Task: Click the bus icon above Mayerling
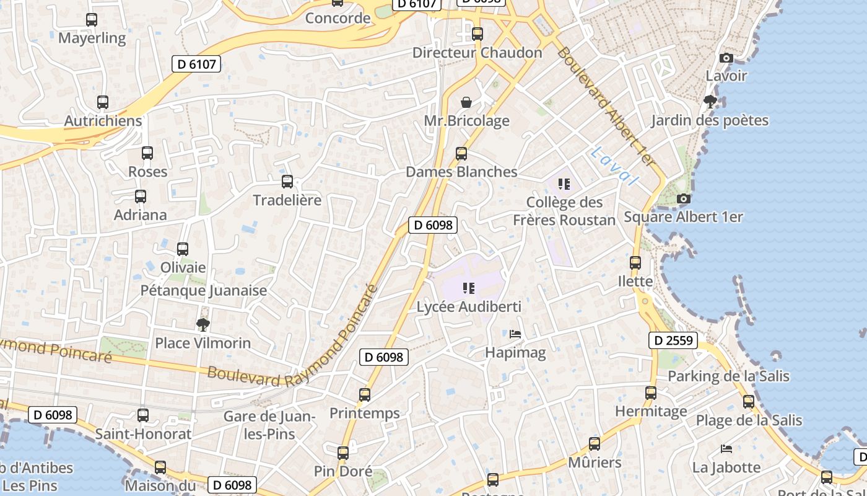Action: click(x=92, y=20)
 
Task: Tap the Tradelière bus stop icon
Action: click(x=287, y=182)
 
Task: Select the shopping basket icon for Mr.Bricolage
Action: click(x=466, y=102)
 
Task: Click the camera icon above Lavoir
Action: click(x=726, y=58)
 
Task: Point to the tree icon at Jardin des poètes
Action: click(x=710, y=101)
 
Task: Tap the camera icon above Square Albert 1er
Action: click(x=684, y=199)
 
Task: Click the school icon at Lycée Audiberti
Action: click(x=469, y=288)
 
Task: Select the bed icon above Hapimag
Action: click(x=515, y=334)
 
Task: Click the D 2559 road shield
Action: click(x=674, y=340)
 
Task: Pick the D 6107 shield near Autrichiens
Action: click(x=196, y=64)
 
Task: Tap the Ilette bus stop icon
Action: click(x=635, y=263)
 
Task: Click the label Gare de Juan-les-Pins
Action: click(x=270, y=425)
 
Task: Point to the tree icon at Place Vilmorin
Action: click(x=203, y=324)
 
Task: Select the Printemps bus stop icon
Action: click(x=365, y=395)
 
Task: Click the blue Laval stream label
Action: click(x=614, y=166)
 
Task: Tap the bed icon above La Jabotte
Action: click(x=726, y=448)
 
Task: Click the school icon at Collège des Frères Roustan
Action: click(x=564, y=184)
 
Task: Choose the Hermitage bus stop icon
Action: click(x=651, y=393)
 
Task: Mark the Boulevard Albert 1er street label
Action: click(x=605, y=105)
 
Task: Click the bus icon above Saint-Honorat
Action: click(x=143, y=415)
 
